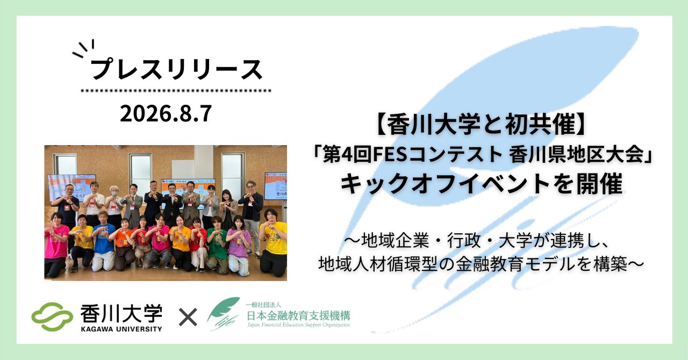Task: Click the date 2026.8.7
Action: pos(166,114)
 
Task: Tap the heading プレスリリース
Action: pos(177,70)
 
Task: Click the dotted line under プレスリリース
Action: pos(176,91)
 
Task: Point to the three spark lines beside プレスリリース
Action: pos(83,48)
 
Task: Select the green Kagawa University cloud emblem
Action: pos(52,316)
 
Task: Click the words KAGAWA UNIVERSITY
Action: pos(121,329)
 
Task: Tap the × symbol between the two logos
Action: pos(188,318)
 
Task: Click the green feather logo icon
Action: pos(223,313)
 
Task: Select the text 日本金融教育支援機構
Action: pos(298,315)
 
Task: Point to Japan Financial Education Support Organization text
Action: pos(298,325)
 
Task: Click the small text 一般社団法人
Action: pos(264,305)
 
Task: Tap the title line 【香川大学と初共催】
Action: pos(482,125)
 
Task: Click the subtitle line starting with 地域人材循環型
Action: pos(481,264)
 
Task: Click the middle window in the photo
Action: pos(140,172)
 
